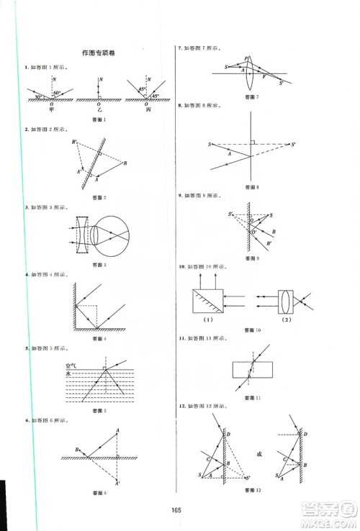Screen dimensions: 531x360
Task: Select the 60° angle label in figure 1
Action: (58, 93)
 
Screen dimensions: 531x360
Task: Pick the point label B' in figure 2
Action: (74, 142)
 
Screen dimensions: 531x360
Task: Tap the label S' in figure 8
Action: (292, 145)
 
